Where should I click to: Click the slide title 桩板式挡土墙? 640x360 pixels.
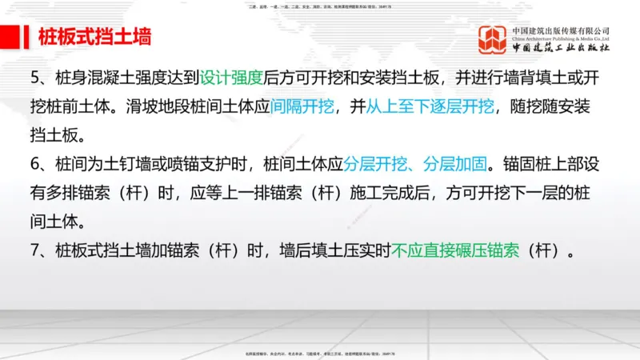pyautogui.click(x=94, y=37)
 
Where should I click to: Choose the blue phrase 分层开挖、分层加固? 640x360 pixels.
pyautogui.click(x=415, y=166)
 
